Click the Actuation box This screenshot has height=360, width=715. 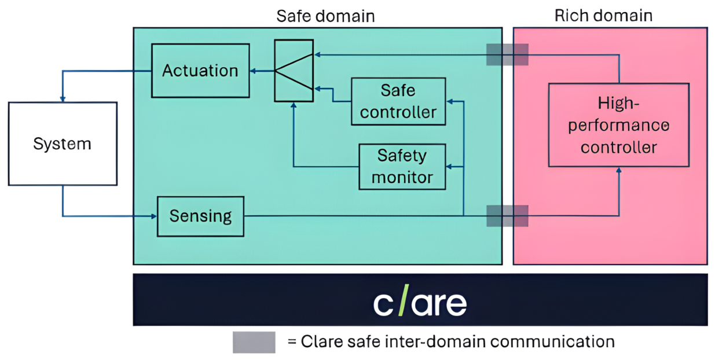coord(200,71)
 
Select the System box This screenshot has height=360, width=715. coord(63,144)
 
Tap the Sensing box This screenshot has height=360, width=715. coord(200,216)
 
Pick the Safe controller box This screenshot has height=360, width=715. coord(398,101)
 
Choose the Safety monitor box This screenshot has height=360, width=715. coord(402,167)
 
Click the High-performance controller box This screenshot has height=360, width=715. coord(619,125)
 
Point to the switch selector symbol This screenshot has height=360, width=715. coord(294,71)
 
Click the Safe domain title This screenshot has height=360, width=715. coord(325,16)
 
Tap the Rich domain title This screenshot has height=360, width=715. coord(603,15)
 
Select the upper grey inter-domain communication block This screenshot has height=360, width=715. coord(507,54)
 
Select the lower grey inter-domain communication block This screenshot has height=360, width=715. coord(507,216)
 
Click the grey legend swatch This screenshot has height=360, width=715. coord(254,342)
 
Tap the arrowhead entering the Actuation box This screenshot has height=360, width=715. coord(253,71)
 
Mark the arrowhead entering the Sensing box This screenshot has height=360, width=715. coord(154,216)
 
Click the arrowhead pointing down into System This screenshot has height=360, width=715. coord(63,99)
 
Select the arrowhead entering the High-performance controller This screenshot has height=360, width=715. coord(619,170)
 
